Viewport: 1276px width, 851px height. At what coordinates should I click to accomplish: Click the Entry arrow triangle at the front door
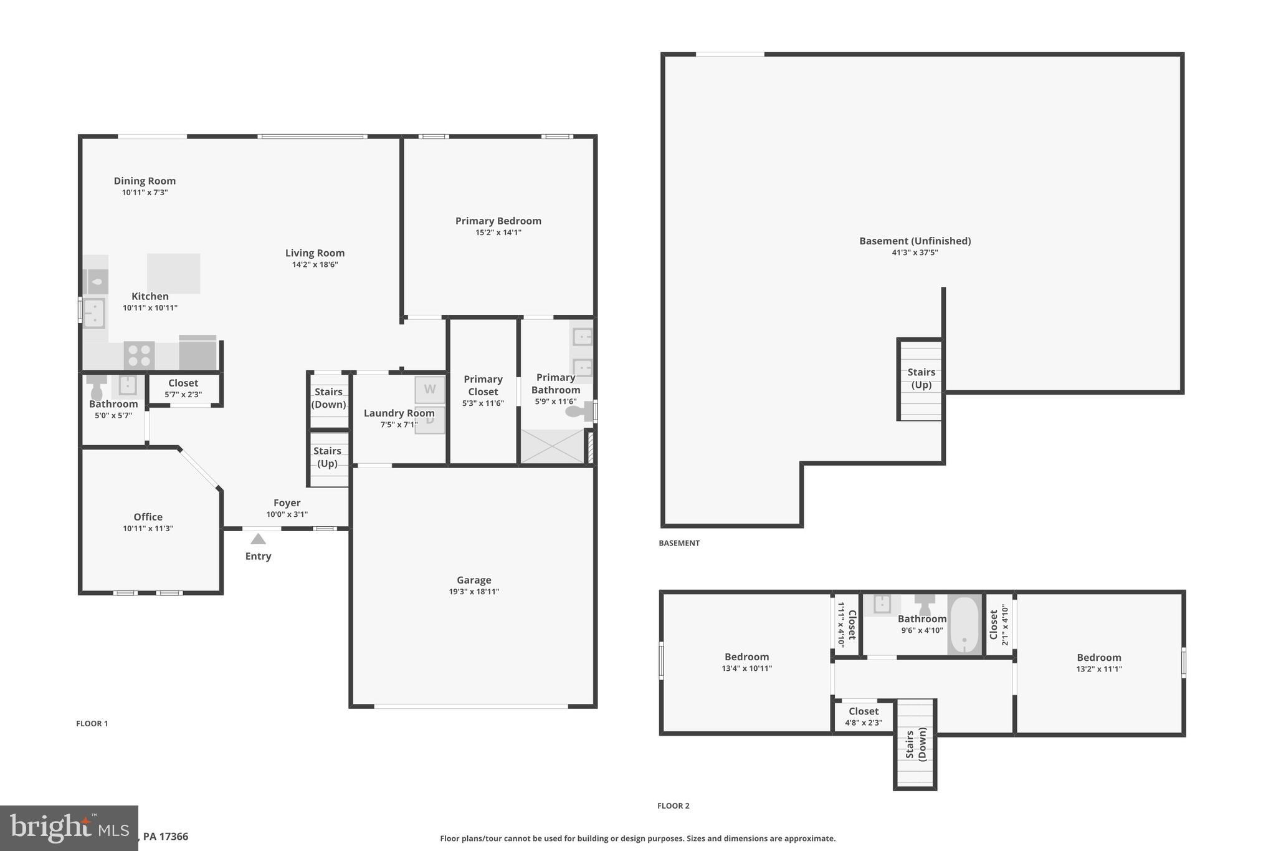pyautogui.click(x=258, y=539)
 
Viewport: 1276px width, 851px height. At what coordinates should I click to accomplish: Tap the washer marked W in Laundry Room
pyautogui.click(x=430, y=390)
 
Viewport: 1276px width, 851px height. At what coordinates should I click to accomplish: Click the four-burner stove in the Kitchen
pyautogui.click(x=139, y=355)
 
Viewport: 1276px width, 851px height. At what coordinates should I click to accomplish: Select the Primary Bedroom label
pyautogui.click(x=498, y=221)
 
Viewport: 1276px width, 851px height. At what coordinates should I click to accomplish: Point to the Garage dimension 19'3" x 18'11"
pyautogui.click(x=474, y=592)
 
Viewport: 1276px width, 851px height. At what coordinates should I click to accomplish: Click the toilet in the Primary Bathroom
pyautogui.click(x=577, y=411)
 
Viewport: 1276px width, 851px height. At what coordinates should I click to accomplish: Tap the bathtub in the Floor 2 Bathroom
pyautogui.click(x=964, y=625)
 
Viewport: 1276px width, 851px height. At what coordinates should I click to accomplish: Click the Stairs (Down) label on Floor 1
pyautogui.click(x=328, y=398)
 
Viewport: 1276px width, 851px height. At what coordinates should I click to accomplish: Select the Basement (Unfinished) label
pyautogui.click(x=915, y=241)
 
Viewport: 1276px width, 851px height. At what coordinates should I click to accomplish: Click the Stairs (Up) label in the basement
pyautogui.click(x=921, y=378)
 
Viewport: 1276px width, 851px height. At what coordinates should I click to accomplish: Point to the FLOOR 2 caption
pyautogui.click(x=673, y=805)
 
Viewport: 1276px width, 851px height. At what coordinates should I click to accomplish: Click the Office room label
pyautogui.click(x=148, y=517)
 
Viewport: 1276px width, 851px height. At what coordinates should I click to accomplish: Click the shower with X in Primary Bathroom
pyautogui.click(x=552, y=446)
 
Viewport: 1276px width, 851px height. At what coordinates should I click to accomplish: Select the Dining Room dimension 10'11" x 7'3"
pyautogui.click(x=145, y=193)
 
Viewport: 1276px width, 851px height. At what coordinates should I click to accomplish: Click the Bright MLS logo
pyautogui.click(x=69, y=828)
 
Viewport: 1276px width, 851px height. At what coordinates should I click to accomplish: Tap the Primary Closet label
pyautogui.click(x=483, y=385)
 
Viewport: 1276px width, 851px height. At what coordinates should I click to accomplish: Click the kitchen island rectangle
pyautogui.click(x=173, y=273)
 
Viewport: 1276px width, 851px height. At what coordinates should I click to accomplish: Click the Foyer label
pyautogui.click(x=287, y=502)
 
